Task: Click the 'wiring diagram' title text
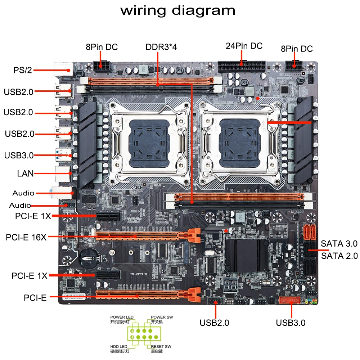(178, 10)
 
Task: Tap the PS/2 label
(23, 70)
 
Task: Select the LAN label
(25, 174)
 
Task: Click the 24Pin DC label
(244, 46)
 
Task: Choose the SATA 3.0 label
(339, 243)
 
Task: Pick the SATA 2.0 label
(339, 256)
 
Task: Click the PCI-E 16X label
(26, 237)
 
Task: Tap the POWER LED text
(122, 317)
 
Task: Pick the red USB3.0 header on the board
(289, 300)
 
